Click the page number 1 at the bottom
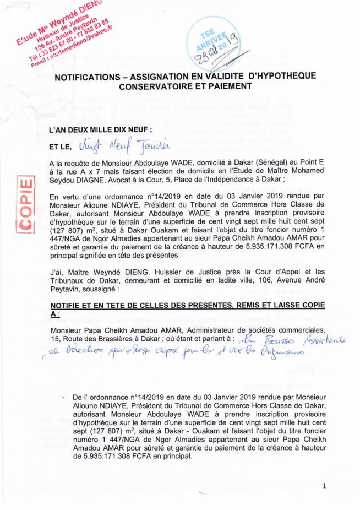click(325, 485)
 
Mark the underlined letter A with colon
click(53, 313)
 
